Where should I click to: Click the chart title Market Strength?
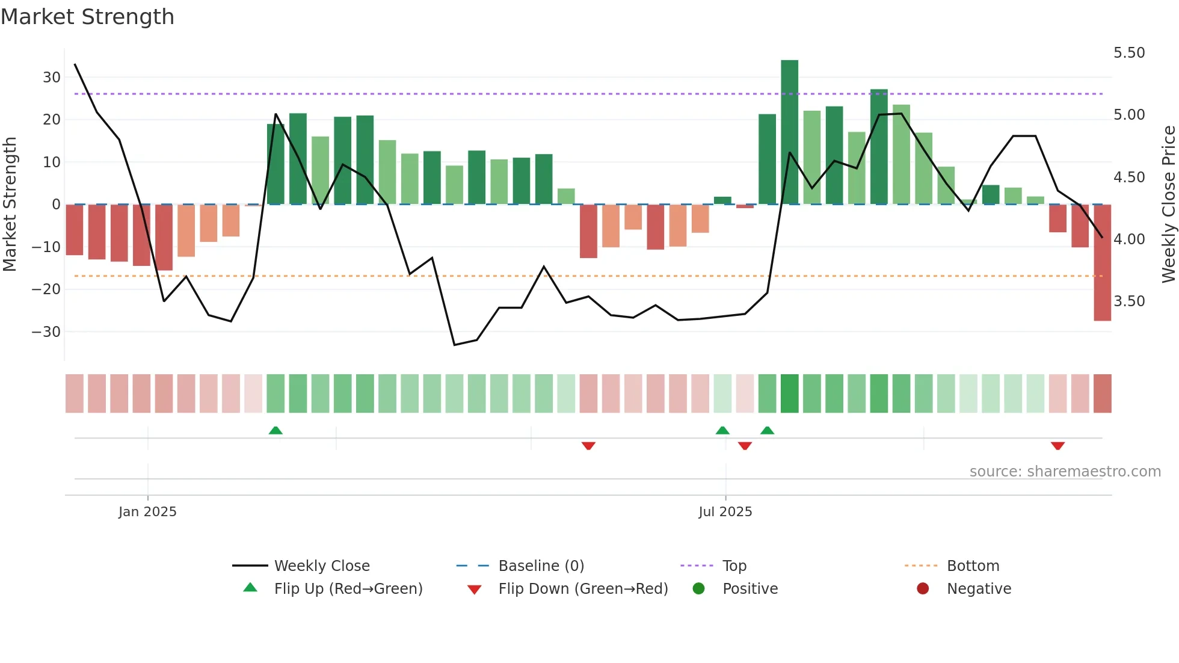(87, 17)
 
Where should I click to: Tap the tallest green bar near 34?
(789, 132)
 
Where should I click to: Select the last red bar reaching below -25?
(1102, 263)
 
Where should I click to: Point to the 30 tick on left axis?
(52, 78)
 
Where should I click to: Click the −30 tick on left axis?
(46, 332)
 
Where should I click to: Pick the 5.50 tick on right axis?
(1129, 53)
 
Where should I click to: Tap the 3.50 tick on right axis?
(1129, 301)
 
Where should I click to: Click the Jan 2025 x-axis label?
(147, 512)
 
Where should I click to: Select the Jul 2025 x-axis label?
(725, 512)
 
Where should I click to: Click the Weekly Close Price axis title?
(1168, 205)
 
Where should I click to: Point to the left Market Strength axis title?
(10, 205)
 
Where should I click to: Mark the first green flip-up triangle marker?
(276, 430)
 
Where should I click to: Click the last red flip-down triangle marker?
(1057, 446)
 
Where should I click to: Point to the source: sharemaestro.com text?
(1065, 472)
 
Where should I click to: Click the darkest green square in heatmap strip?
(789, 393)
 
